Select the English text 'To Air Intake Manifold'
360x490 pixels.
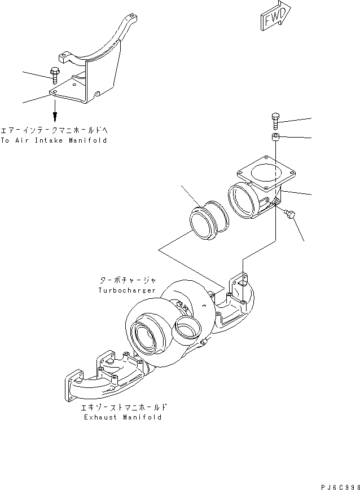pos(53,140)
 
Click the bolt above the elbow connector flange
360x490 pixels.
pos(275,121)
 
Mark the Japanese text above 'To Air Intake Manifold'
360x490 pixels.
pos(54,129)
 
